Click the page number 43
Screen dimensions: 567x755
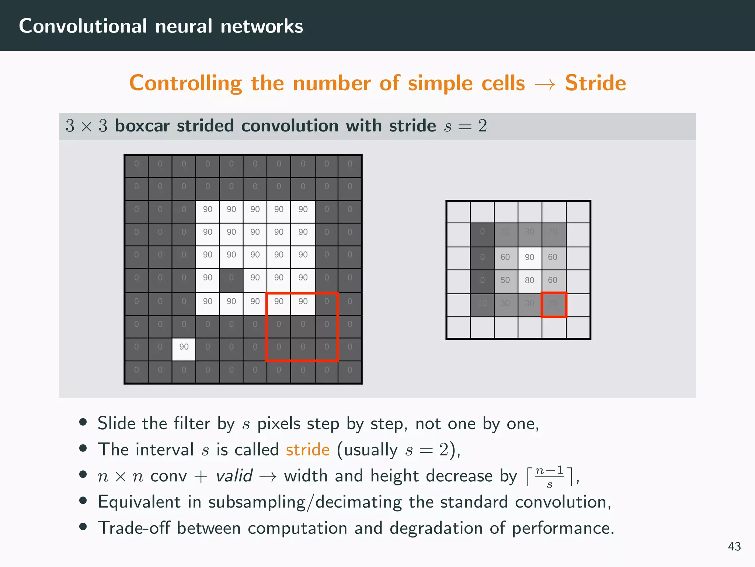(x=734, y=546)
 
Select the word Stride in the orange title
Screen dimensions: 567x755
(x=595, y=83)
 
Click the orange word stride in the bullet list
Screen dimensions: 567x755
(x=307, y=450)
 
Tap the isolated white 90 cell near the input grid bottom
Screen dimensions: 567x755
(x=184, y=347)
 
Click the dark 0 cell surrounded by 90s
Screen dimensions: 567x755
(x=231, y=278)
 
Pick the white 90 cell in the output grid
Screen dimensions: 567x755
(x=529, y=257)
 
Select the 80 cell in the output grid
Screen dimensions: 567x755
(x=529, y=280)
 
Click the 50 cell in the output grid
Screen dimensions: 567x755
(x=505, y=280)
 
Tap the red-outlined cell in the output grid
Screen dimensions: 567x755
(x=553, y=305)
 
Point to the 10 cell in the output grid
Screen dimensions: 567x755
(x=482, y=303)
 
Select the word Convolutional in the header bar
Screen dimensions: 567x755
(x=83, y=26)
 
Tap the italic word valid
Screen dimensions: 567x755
(x=234, y=476)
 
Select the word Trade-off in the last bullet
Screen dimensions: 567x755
(x=133, y=528)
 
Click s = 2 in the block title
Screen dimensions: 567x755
(x=465, y=126)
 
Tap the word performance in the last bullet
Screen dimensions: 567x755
(x=562, y=528)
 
